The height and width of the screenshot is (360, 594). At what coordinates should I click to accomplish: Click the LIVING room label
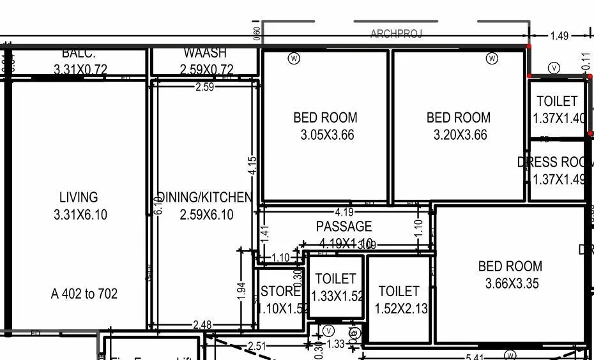(79, 197)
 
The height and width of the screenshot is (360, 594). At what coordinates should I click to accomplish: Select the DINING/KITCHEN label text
(205, 197)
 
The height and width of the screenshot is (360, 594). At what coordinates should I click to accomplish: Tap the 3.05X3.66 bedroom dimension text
(327, 135)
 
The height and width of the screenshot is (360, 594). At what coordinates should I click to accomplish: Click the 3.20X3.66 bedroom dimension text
(460, 135)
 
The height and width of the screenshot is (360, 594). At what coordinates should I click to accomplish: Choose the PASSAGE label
(344, 227)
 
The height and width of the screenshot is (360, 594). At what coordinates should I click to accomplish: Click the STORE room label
(280, 291)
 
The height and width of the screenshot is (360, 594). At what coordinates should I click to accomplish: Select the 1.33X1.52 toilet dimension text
(337, 296)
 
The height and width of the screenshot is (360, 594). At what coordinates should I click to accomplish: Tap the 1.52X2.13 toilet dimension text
(399, 309)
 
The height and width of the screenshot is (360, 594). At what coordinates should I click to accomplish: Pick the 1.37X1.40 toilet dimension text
(559, 119)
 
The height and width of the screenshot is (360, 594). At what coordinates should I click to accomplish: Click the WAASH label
(205, 53)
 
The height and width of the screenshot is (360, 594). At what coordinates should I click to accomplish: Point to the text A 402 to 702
(84, 294)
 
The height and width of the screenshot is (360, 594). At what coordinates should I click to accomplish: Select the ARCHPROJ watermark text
(396, 34)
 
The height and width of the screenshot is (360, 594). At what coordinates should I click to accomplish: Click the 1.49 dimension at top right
(559, 36)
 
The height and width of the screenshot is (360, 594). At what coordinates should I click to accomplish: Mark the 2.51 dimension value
(256, 347)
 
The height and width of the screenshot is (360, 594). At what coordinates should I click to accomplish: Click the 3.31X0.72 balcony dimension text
(80, 70)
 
